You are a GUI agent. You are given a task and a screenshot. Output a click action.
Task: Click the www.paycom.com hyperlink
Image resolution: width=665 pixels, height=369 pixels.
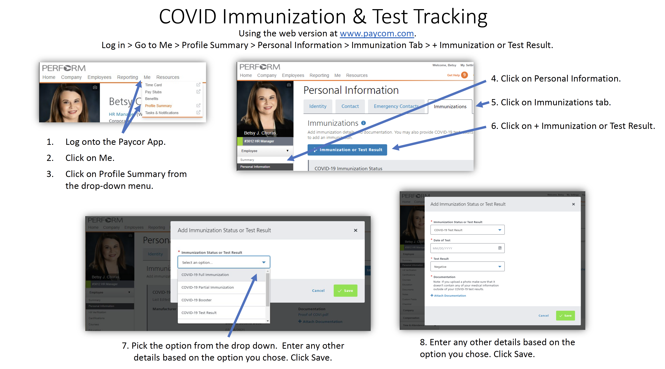pyautogui.click(x=377, y=34)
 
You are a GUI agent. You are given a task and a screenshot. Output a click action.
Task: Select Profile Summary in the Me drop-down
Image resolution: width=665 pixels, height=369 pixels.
pyautogui.click(x=158, y=106)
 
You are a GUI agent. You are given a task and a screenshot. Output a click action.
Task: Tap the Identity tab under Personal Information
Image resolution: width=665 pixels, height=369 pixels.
pyautogui.click(x=318, y=106)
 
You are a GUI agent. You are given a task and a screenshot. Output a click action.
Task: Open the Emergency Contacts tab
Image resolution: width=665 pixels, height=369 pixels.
pyautogui.click(x=396, y=106)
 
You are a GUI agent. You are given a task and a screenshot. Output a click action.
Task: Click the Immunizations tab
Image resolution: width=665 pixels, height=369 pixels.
pyautogui.click(x=450, y=106)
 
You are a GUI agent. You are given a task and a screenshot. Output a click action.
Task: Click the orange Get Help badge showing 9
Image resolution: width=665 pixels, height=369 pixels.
pyautogui.click(x=464, y=75)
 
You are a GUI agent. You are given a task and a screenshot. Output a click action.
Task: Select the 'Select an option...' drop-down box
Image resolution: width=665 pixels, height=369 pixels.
pyautogui.click(x=224, y=262)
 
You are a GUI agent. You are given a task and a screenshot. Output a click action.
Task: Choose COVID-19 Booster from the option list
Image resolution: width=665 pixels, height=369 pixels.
pyautogui.click(x=197, y=300)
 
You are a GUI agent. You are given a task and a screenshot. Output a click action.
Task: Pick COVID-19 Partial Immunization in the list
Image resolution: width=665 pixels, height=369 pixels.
pyautogui.click(x=207, y=287)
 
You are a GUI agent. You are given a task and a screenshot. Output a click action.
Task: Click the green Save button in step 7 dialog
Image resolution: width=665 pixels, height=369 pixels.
pyautogui.click(x=345, y=291)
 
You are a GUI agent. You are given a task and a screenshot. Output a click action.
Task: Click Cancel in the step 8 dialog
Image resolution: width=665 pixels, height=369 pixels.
pyautogui.click(x=543, y=316)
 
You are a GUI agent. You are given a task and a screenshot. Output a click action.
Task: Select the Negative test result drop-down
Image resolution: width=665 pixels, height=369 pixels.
pyautogui.click(x=467, y=266)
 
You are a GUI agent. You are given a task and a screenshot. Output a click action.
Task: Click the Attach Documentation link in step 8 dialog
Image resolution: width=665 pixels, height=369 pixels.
pyautogui.click(x=449, y=295)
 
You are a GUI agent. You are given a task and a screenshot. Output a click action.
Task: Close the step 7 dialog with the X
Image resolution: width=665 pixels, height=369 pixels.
pyautogui.click(x=356, y=230)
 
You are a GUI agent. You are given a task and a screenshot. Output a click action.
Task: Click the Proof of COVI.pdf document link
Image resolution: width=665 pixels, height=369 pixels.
pyautogui.click(x=313, y=315)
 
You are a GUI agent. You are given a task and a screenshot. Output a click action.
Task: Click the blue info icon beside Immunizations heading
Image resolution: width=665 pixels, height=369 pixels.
pyautogui.click(x=363, y=123)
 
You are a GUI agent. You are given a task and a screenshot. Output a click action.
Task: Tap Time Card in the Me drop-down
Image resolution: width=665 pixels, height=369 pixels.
pyautogui.click(x=153, y=85)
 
